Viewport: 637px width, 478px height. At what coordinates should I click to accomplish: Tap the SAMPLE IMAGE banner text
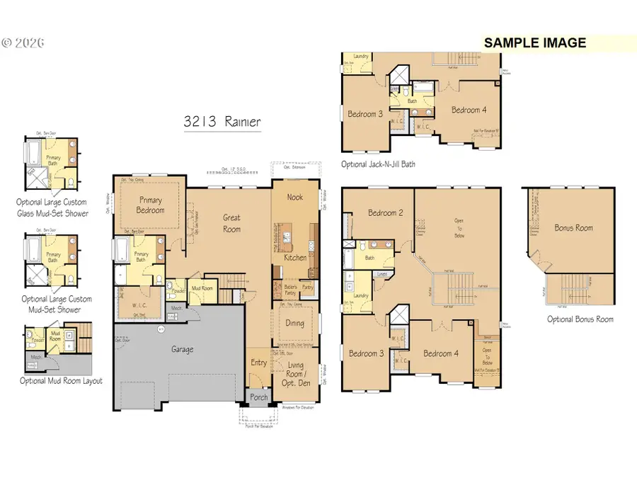click(534, 42)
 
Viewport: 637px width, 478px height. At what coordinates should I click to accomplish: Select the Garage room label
click(182, 349)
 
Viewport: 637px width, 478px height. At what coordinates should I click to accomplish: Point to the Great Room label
click(231, 224)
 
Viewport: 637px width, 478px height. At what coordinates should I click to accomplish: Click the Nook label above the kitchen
click(294, 197)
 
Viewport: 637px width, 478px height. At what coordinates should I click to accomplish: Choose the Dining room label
click(295, 323)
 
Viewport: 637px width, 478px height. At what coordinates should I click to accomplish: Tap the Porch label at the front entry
click(259, 397)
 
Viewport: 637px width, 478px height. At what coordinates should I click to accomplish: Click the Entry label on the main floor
click(259, 363)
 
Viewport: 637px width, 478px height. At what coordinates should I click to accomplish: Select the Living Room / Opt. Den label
click(295, 370)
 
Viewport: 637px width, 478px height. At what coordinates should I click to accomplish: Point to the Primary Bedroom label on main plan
click(151, 205)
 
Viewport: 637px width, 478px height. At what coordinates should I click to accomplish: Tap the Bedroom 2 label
click(385, 212)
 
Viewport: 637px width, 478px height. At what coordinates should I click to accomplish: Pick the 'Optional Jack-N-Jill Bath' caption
click(378, 164)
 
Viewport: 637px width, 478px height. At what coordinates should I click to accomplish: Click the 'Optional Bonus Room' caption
click(580, 319)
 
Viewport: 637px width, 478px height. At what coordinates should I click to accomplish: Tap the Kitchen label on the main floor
click(295, 258)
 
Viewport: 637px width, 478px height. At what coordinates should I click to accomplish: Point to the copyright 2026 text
click(23, 42)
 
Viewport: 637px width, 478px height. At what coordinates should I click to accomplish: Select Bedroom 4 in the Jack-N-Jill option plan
click(469, 110)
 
